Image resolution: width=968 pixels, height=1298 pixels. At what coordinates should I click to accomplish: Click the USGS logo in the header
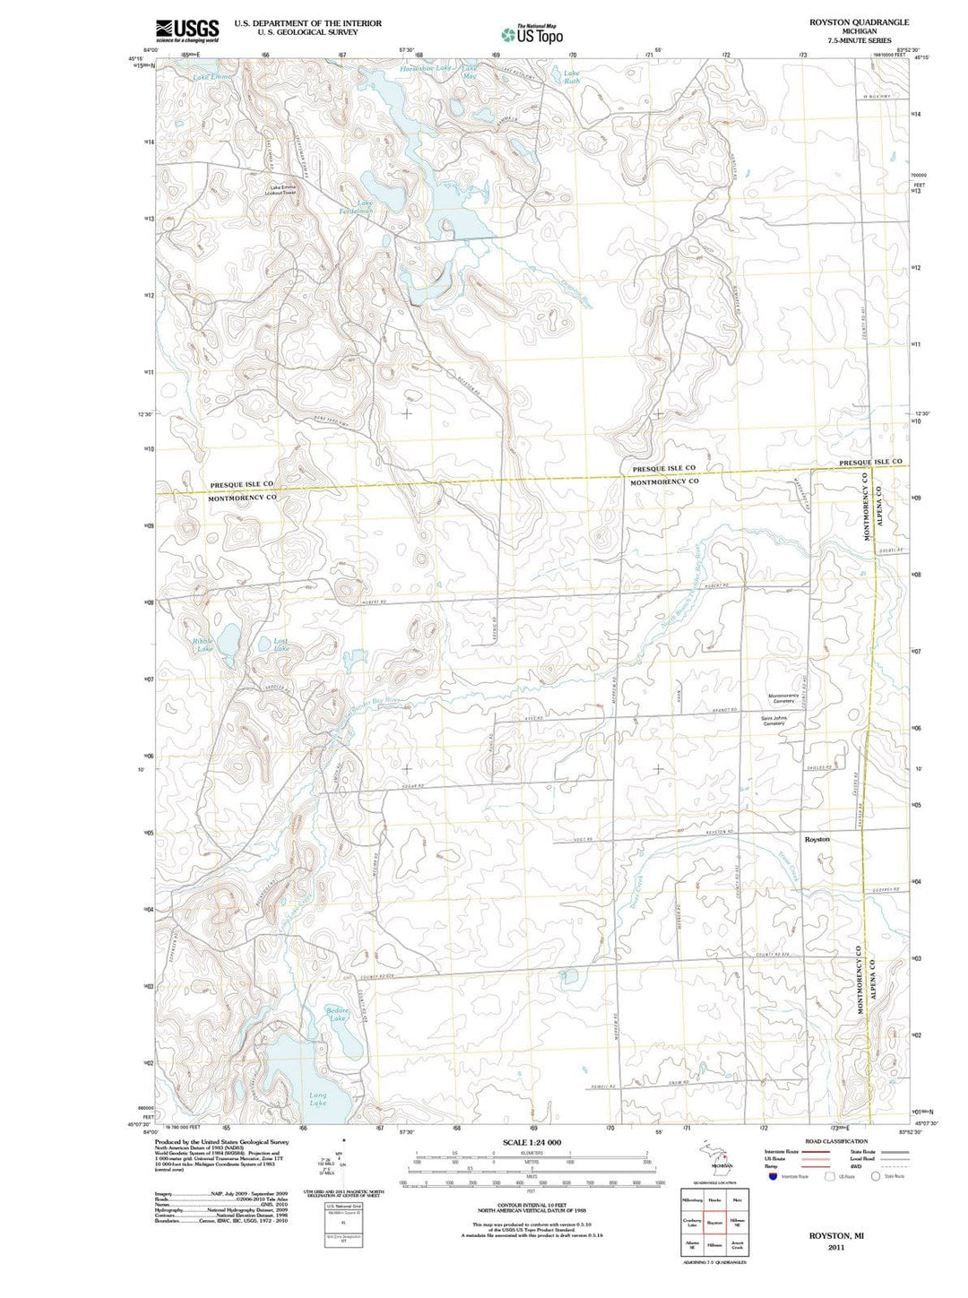[x=187, y=31]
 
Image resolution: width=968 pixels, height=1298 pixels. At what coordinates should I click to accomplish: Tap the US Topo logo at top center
[x=532, y=34]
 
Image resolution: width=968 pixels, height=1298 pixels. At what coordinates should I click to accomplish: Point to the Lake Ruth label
[x=571, y=77]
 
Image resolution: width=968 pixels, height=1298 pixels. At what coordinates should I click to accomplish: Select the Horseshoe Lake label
[x=427, y=68]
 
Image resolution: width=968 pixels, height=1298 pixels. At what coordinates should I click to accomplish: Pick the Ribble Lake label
[x=203, y=645]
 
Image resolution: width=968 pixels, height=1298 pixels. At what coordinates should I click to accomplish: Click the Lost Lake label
[x=281, y=644]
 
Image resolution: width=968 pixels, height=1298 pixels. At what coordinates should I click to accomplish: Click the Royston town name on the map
[x=817, y=839]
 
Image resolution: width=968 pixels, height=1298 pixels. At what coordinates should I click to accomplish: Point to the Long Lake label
[x=317, y=1099]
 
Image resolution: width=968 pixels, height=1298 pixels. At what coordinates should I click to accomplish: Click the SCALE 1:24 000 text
[x=532, y=1142]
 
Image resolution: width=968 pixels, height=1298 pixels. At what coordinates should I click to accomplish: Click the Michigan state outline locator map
[x=714, y=1154]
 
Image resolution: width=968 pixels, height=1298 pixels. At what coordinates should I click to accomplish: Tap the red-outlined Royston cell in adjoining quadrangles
[x=714, y=1223]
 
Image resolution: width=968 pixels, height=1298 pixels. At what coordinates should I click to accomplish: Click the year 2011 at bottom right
[x=836, y=1247]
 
